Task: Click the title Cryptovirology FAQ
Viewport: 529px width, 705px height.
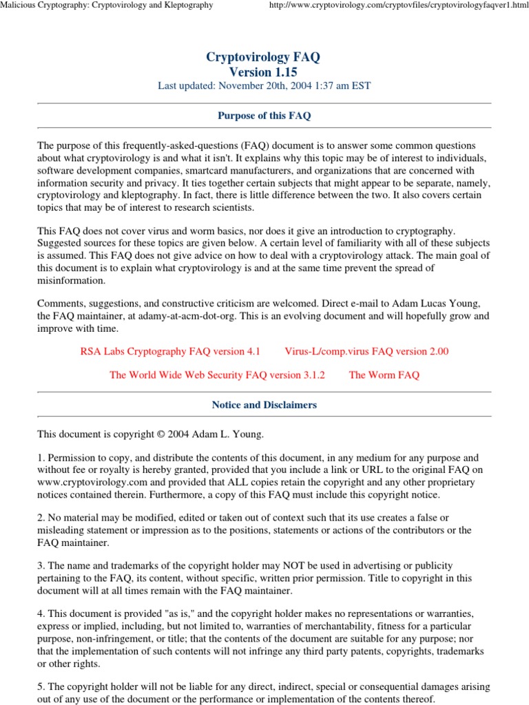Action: (x=264, y=57)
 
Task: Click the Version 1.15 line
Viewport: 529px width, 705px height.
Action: (x=264, y=72)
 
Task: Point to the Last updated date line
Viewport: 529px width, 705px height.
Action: (x=264, y=86)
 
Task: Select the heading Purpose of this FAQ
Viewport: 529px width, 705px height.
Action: (x=264, y=116)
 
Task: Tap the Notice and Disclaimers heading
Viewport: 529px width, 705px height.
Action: (x=264, y=405)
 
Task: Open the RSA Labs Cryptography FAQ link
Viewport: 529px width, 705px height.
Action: (x=170, y=351)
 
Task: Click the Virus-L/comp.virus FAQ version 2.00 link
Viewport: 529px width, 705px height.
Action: (x=366, y=351)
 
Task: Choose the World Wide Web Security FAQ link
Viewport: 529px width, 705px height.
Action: (x=217, y=375)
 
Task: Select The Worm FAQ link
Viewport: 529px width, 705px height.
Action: (x=384, y=375)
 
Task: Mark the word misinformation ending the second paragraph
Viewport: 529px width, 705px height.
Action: (x=72, y=280)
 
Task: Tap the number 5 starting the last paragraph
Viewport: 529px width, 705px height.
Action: (x=40, y=687)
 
